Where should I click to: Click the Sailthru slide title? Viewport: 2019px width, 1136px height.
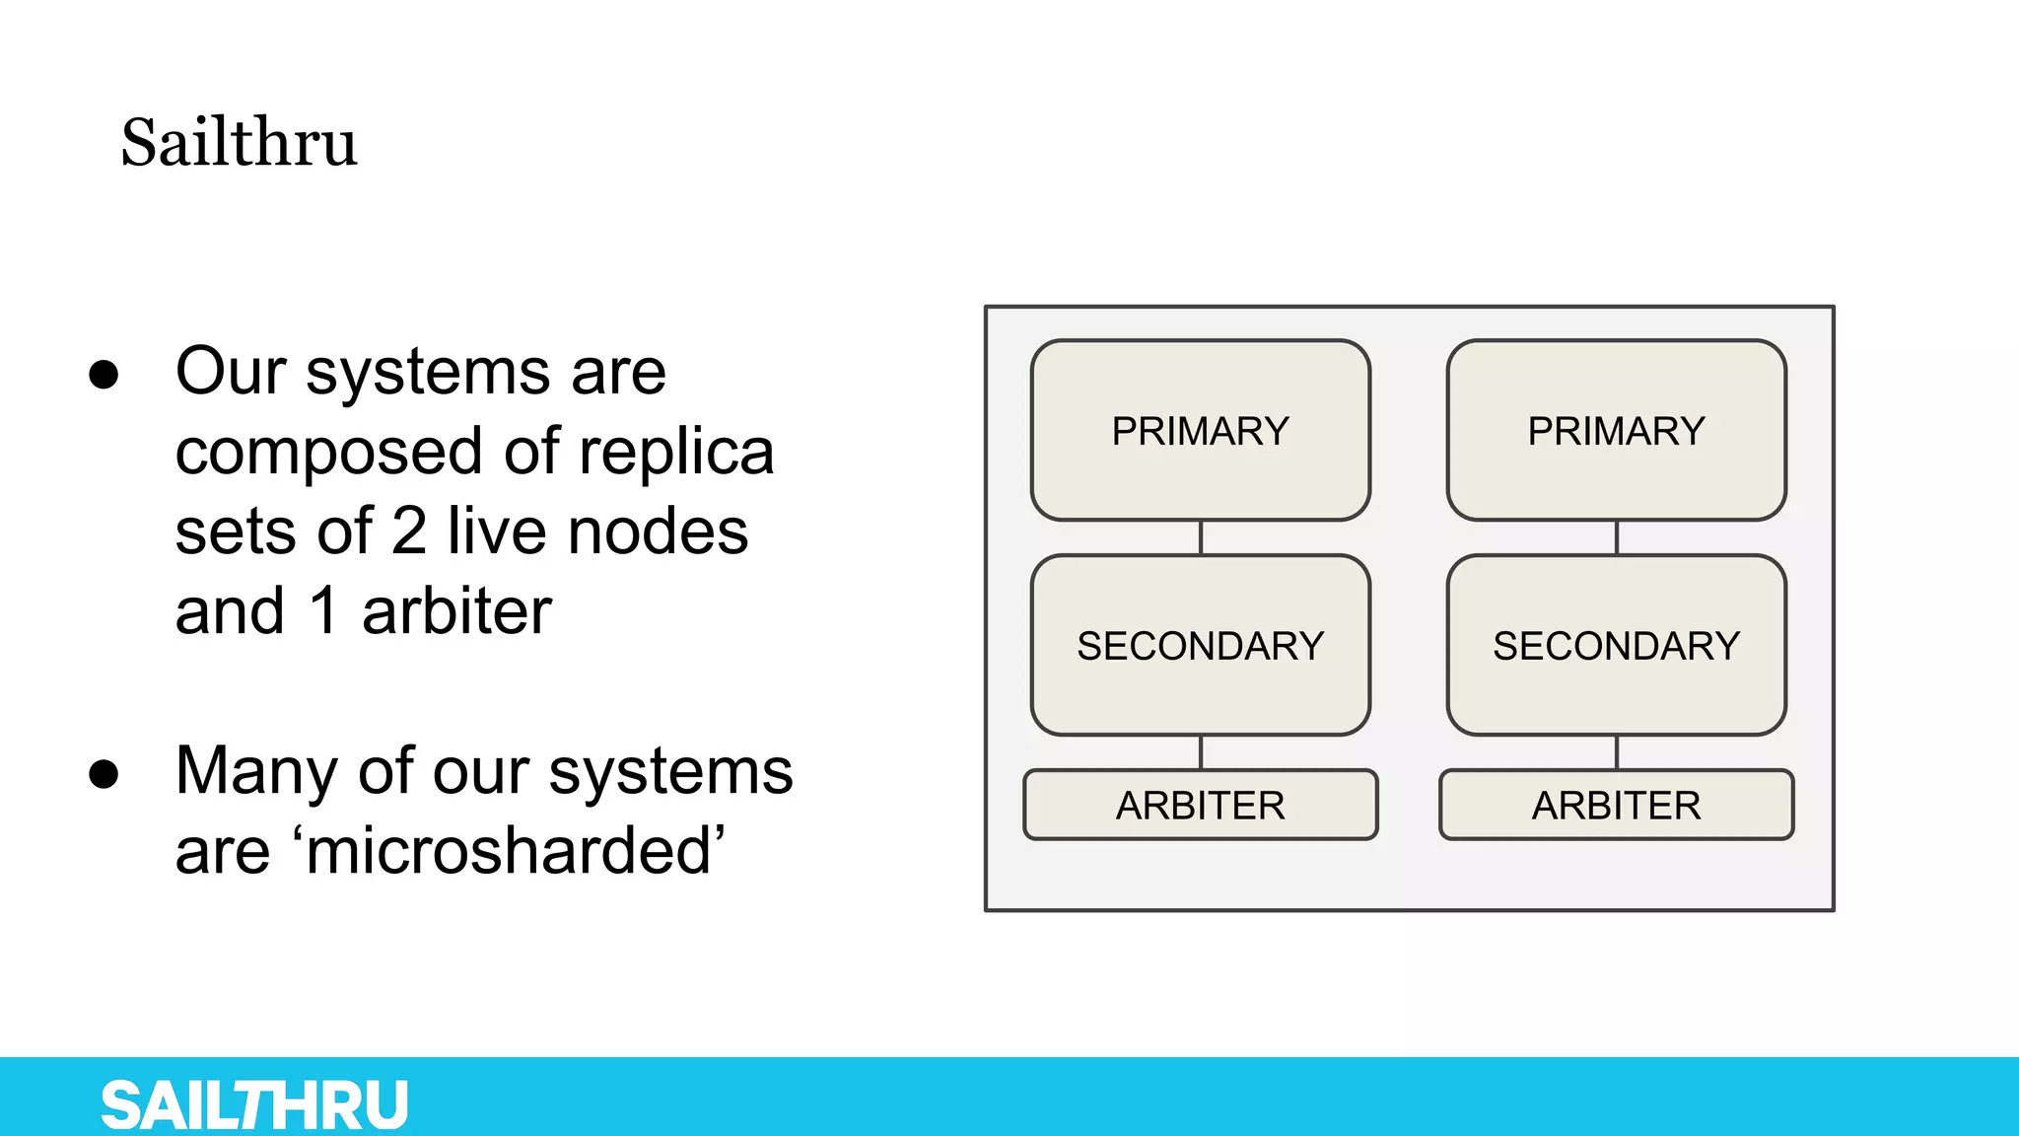click(239, 143)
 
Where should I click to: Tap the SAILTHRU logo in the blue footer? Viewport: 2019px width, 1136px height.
click(254, 1104)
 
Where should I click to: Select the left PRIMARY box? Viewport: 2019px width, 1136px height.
click(1200, 431)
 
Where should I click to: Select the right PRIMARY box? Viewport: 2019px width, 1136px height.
click(1616, 431)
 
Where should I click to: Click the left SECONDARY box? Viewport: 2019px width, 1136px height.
click(1200, 646)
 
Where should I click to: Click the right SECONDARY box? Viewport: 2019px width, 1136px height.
click(1616, 646)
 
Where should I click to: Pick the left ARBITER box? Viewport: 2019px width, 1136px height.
click(1200, 806)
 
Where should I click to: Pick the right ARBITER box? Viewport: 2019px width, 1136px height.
click(1616, 806)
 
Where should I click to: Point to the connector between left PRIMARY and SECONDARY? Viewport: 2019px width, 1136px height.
click(1200, 537)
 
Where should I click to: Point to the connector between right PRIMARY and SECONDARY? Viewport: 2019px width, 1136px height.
click(1616, 537)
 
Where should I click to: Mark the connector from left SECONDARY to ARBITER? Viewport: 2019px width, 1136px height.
click(1200, 752)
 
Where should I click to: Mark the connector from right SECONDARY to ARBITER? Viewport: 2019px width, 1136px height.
click(1616, 752)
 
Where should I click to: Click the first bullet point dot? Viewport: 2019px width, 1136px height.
click(104, 375)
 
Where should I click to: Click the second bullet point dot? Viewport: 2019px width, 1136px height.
click(104, 774)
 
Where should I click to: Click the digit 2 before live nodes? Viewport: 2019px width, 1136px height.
click(408, 532)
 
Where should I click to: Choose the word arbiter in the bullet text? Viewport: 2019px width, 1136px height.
click(456, 612)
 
